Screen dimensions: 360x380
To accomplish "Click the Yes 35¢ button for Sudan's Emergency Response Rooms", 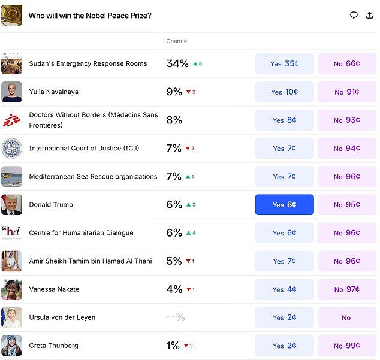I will pyautogui.click(x=284, y=64).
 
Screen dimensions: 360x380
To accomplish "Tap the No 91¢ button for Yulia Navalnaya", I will pyautogui.click(x=346, y=92).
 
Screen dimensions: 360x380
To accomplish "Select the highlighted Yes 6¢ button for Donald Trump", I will pyautogui.click(x=284, y=205).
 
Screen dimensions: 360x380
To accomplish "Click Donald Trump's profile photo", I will pyautogui.click(x=11, y=204).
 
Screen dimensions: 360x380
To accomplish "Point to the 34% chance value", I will pyautogui.click(x=177, y=63).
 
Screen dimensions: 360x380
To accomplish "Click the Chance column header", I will pyautogui.click(x=176, y=41).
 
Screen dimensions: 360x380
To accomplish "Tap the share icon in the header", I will pyautogui.click(x=369, y=15).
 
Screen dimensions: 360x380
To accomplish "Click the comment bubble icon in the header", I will pyautogui.click(x=354, y=15).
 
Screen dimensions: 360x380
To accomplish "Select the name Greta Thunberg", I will pyautogui.click(x=53, y=346).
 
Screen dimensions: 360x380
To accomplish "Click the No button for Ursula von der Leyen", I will pyautogui.click(x=346, y=317).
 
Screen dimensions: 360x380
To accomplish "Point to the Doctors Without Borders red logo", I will pyautogui.click(x=11, y=120).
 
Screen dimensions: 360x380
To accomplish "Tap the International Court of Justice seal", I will pyautogui.click(x=11, y=148).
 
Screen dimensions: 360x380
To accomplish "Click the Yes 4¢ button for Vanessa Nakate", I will pyautogui.click(x=284, y=289).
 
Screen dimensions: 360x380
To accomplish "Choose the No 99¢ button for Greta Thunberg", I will pyautogui.click(x=346, y=346).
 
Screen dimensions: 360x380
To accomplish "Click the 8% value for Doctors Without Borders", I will pyautogui.click(x=174, y=120).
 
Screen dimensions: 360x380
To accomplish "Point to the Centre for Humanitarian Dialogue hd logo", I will pyautogui.click(x=11, y=232).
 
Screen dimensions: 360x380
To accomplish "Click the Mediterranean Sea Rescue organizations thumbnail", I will pyautogui.click(x=11, y=176).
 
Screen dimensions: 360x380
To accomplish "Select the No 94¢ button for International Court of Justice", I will pyautogui.click(x=346, y=149).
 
